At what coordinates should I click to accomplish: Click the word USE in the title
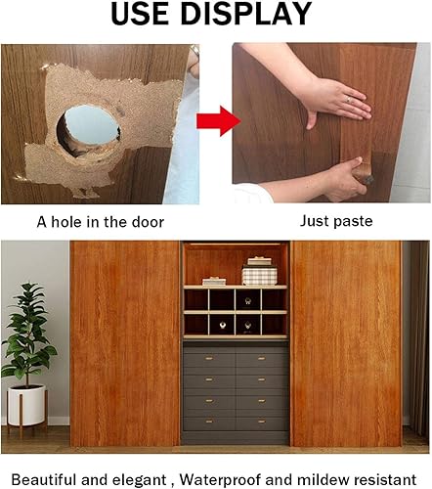point(146,15)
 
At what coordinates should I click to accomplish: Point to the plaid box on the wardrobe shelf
point(259,275)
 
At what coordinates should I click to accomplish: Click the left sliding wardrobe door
point(125,342)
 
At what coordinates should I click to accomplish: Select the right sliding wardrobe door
point(346,342)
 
